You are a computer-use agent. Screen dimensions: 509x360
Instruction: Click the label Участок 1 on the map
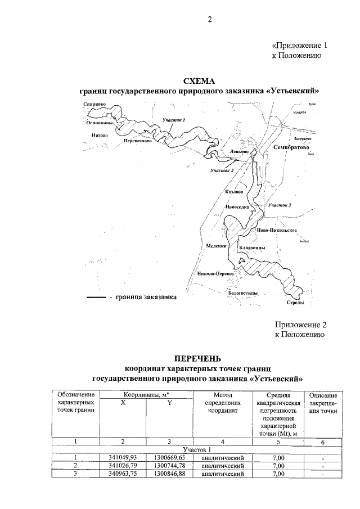click(174, 120)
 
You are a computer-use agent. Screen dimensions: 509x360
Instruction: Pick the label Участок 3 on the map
click(280, 205)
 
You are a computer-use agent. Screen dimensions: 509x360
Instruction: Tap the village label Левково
click(240, 152)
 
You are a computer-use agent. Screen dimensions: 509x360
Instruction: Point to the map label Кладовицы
click(252, 248)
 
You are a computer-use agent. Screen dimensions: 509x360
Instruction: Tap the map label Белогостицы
click(244, 293)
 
